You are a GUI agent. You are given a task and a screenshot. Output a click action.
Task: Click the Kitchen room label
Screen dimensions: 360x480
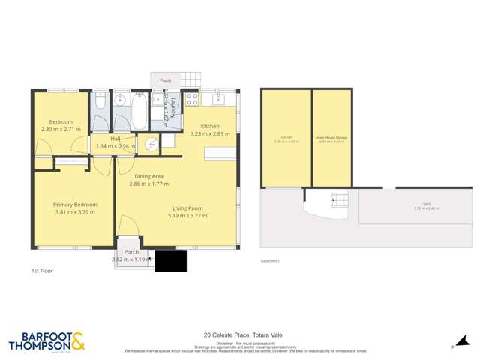(210, 127)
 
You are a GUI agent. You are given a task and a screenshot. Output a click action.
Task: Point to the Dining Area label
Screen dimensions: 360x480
(148, 176)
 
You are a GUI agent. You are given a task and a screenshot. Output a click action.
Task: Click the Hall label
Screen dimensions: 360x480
(115, 139)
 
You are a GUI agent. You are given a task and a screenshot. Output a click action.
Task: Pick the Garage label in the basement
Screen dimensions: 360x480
(286, 139)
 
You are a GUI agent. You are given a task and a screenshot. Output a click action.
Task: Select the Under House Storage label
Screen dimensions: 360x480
(331, 139)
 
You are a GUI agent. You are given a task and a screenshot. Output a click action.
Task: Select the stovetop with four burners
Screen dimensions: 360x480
(191, 99)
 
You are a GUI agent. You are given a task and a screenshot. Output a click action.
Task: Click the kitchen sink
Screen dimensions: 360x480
(220, 99)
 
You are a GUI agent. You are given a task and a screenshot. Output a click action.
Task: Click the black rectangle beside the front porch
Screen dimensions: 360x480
(170, 261)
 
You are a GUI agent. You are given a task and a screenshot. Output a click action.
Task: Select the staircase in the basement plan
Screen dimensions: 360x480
(340, 199)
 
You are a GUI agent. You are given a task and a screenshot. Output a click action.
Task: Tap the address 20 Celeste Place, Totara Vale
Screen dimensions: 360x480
(239, 335)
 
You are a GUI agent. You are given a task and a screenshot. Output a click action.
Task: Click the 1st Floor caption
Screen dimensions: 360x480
(41, 270)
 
